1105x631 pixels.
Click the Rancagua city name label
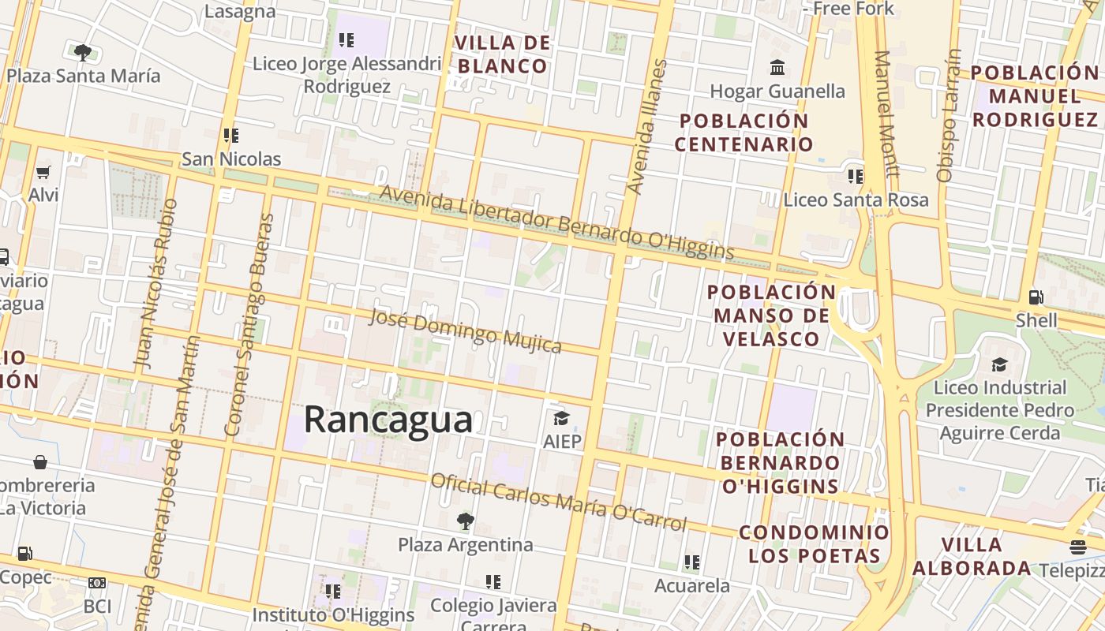coord(388,419)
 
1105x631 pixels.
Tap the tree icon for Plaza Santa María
coord(82,53)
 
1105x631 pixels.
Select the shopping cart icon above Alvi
coord(43,172)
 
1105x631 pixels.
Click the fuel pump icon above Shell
coord(1036,297)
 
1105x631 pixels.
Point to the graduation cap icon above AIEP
coord(561,418)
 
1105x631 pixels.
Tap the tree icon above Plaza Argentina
coord(465,521)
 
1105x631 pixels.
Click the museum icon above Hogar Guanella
coord(777,67)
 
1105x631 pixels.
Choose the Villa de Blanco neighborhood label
coord(502,54)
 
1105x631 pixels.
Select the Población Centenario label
coord(744,133)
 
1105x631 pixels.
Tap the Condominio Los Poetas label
coord(814,544)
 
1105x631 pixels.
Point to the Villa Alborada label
coord(972,556)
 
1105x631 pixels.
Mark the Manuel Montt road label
coord(886,114)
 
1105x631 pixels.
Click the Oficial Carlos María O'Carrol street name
coord(558,502)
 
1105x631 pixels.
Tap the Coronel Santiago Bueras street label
coord(249,325)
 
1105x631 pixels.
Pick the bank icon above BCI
coord(97,583)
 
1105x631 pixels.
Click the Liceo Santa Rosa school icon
coord(855,176)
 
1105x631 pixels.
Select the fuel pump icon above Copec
coord(25,554)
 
